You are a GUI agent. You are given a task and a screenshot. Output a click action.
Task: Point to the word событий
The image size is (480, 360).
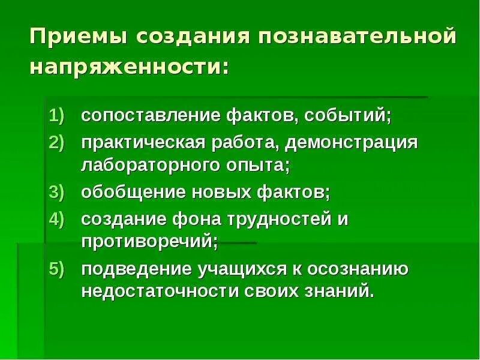point(339,115)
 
